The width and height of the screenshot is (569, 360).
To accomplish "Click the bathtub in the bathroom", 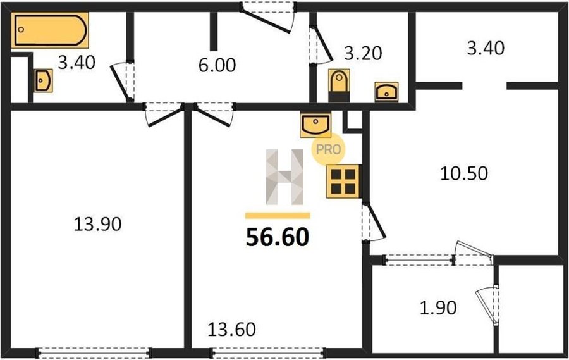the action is (x=50, y=30).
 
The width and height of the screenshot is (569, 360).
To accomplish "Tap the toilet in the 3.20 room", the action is (x=340, y=85).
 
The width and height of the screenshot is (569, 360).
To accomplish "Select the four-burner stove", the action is (x=343, y=182).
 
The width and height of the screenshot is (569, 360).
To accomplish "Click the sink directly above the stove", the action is (x=315, y=125).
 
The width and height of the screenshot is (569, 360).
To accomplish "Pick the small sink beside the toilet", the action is (x=386, y=92).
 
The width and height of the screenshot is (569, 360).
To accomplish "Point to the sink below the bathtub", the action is (x=43, y=80).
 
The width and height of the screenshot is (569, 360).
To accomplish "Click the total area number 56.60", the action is (x=278, y=237).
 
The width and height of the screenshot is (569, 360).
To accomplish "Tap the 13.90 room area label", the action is (x=97, y=224).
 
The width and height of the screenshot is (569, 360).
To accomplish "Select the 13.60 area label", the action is (x=231, y=330).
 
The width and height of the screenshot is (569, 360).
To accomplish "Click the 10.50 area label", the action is (x=464, y=173).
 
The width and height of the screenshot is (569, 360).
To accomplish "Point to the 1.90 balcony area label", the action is (x=438, y=308).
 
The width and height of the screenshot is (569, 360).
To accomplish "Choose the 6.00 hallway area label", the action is (x=217, y=65).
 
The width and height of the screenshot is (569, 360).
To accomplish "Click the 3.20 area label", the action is (x=363, y=53).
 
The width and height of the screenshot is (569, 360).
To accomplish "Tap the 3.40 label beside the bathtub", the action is (x=76, y=63).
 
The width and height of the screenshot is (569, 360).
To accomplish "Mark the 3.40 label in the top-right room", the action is (x=486, y=48).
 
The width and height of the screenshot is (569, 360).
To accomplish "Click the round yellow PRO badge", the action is (x=328, y=149).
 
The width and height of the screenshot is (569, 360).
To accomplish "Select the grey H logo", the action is (x=284, y=177).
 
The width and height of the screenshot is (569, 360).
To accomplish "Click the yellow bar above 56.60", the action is (x=278, y=216).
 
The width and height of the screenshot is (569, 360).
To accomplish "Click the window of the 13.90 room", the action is (x=94, y=353).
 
